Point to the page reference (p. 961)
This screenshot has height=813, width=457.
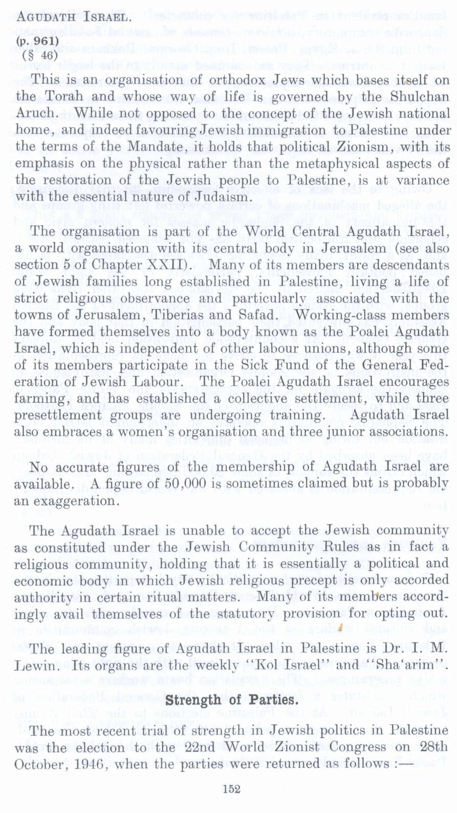point(37,41)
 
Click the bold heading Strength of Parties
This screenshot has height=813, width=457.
point(232,699)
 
